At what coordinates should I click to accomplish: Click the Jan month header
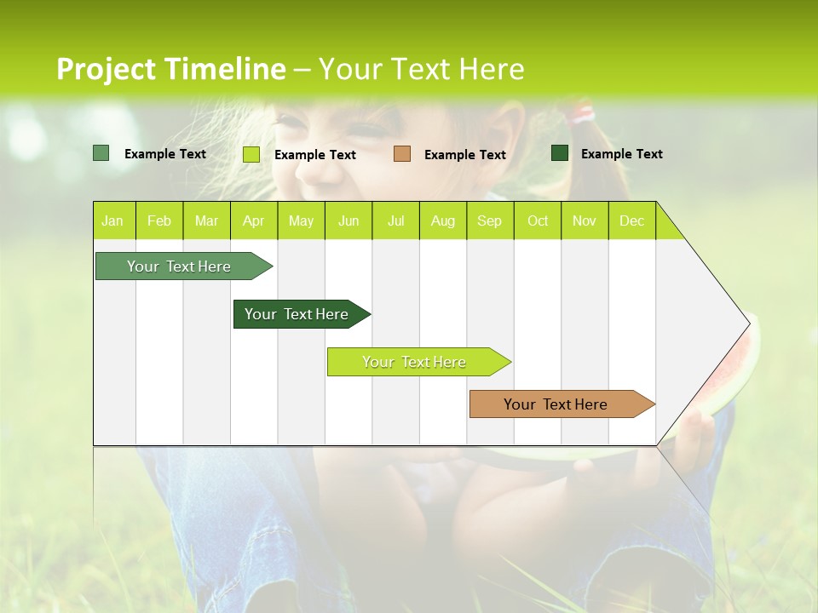click(x=113, y=221)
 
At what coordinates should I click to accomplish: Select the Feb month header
click(x=159, y=221)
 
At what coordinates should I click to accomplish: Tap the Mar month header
click(x=206, y=221)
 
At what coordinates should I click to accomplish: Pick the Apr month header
click(x=253, y=221)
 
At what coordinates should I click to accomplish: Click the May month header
click(x=301, y=221)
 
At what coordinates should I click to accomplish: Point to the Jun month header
click(x=349, y=221)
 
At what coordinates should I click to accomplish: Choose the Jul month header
click(x=395, y=221)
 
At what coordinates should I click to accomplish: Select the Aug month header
click(x=442, y=221)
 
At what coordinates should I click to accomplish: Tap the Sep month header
click(x=489, y=221)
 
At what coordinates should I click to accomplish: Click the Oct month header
click(x=538, y=221)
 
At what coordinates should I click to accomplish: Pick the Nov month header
click(x=585, y=221)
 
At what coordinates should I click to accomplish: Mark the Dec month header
click(x=631, y=221)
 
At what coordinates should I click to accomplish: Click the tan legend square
click(x=402, y=154)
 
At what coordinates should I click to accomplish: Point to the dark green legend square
click(x=560, y=153)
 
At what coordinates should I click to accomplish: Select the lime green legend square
click(x=251, y=154)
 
